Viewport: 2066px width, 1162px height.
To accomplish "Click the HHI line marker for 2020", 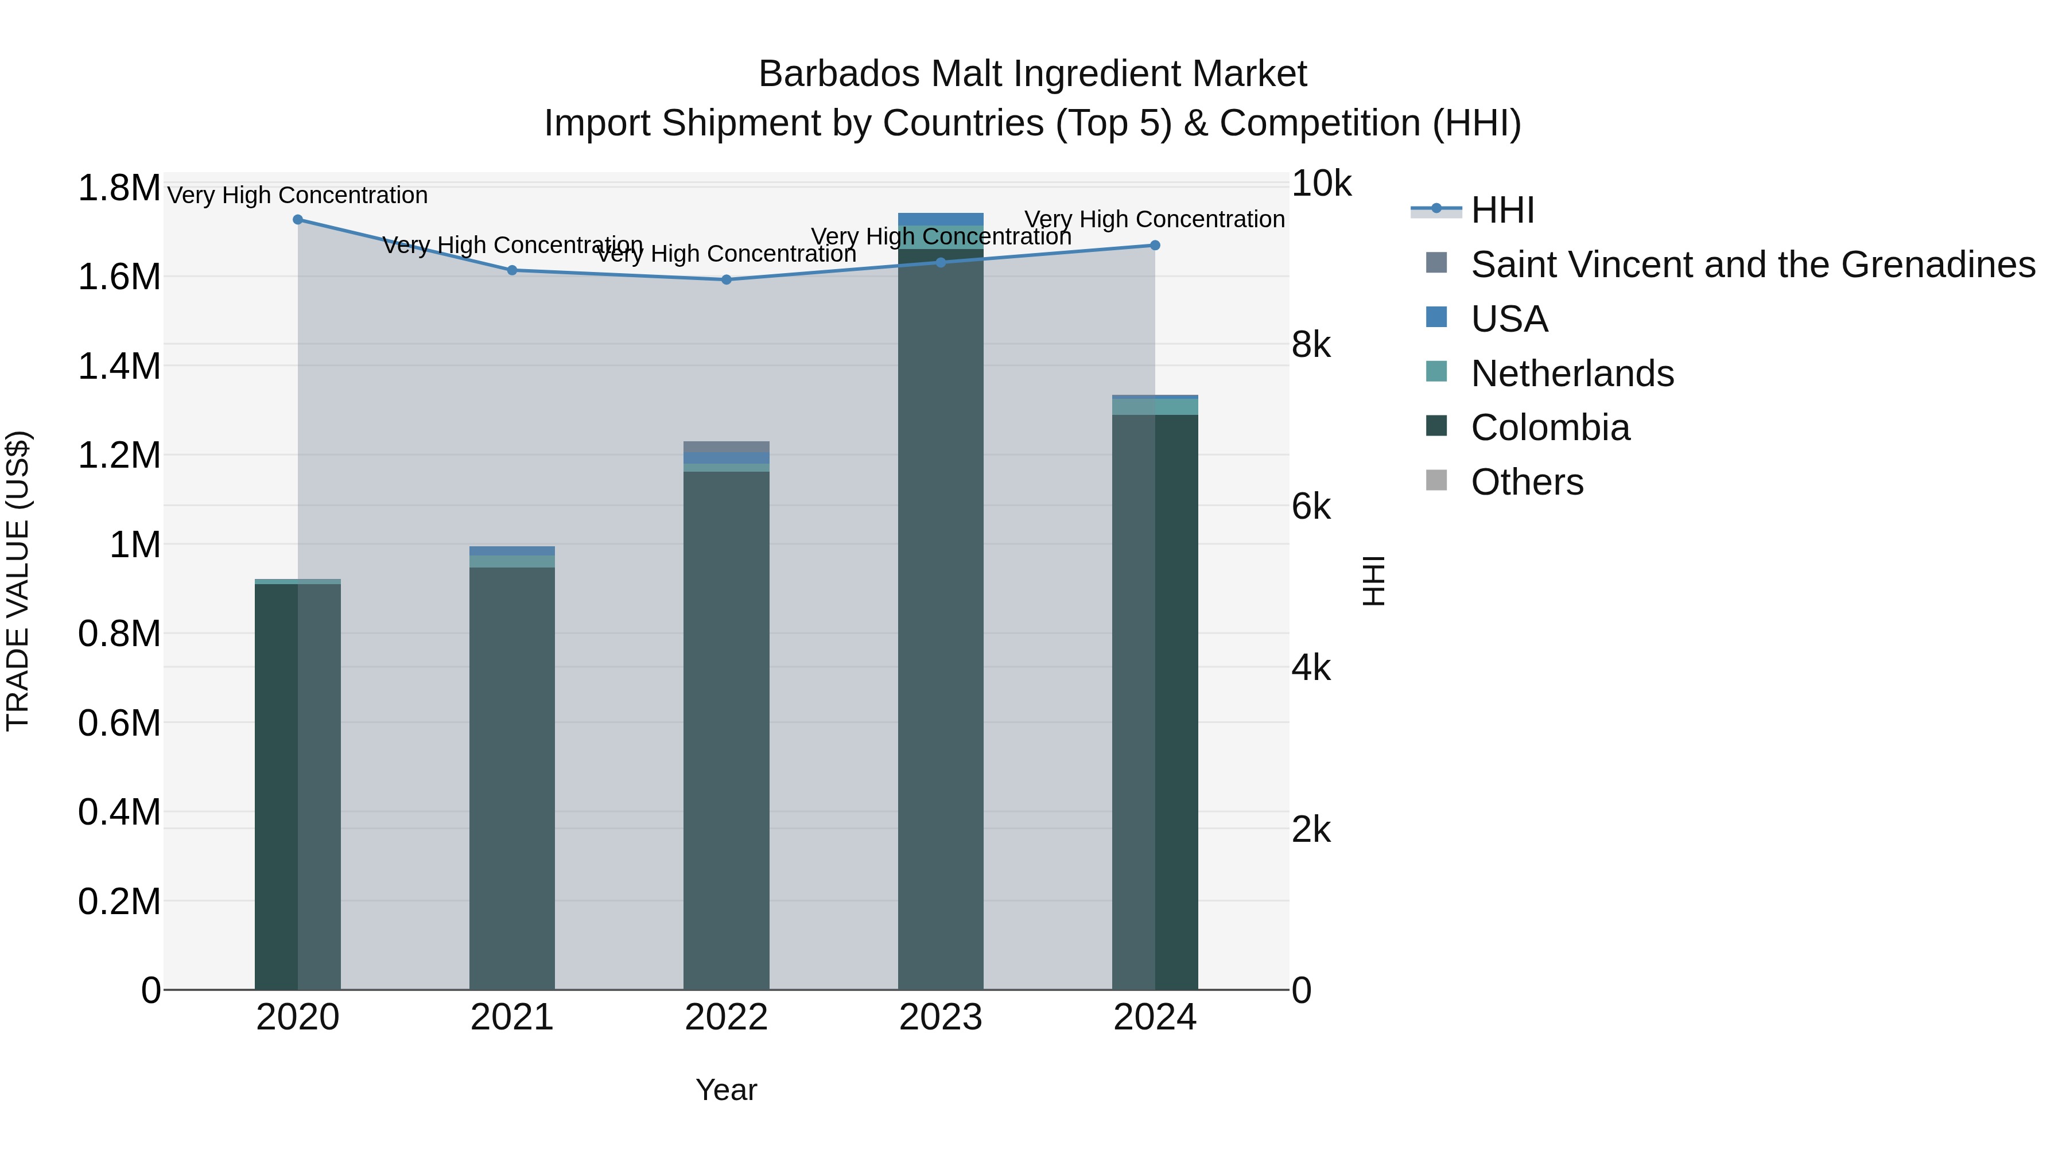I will tap(297, 220).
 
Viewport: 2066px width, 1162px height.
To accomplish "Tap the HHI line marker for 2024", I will tap(1155, 246).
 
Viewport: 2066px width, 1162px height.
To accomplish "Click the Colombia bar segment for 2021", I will tap(512, 778).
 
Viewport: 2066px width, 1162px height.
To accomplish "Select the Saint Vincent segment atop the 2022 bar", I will tap(727, 446).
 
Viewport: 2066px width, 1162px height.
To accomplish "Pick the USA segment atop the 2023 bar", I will tap(941, 219).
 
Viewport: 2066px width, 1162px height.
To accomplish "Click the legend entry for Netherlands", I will tap(1572, 374).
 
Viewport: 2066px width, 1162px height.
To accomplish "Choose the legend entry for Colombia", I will tap(1549, 428).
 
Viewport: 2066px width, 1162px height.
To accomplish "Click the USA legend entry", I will tap(1509, 319).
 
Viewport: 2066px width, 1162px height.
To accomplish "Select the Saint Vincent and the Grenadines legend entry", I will tap(1753, 265).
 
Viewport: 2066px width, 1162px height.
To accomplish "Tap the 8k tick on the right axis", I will tap(1311, 345).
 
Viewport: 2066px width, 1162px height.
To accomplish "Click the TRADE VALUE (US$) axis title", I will tap(18, 581).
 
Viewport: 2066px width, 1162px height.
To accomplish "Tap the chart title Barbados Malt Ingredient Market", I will tap(1032, 74).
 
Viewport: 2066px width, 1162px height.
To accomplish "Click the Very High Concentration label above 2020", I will tap(297, 196).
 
